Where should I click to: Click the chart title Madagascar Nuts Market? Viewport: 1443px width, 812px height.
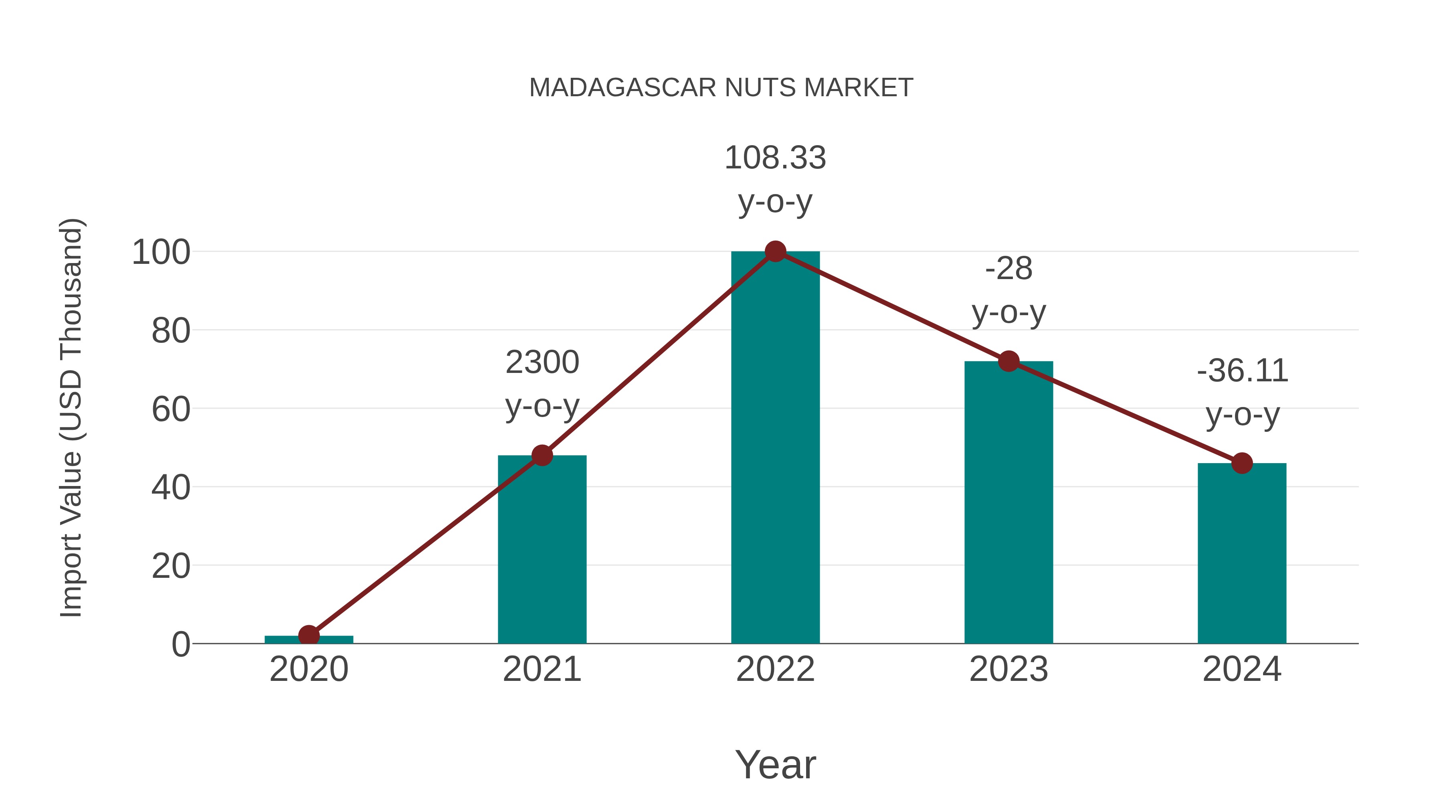coord(721,88)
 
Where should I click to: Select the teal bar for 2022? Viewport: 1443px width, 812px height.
coord(775,448)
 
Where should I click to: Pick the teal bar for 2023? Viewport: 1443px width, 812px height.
coord(1008,504)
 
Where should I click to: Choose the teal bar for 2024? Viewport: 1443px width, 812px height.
coord(1242,555)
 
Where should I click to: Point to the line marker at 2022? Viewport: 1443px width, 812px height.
coord(775,251)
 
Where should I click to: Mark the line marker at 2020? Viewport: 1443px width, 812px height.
coord(309,636)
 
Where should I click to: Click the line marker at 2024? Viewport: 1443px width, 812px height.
coord(1242,464)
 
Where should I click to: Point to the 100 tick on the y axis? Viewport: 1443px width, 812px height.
coord(161,253)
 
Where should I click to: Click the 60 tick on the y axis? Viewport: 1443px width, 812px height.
coord(171,410)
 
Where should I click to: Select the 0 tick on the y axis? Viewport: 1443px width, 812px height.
coord(180,644)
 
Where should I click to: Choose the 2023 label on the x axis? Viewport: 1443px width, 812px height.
coord(1008,669)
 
